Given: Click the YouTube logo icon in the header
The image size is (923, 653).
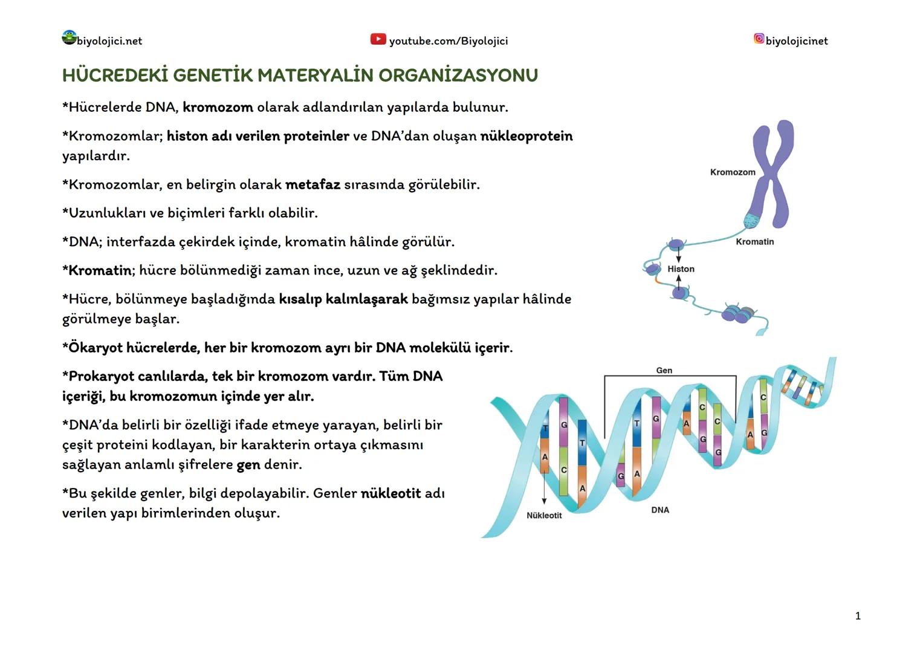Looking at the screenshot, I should [x=378, y=39].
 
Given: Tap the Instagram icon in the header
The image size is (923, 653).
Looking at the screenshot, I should [x=759, y=39].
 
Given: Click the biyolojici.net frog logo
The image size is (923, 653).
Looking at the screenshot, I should [x=69, y=37].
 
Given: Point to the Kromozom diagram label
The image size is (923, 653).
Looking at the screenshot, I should [x=733, y=172].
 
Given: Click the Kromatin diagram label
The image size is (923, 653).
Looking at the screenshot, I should [x=754, y=242].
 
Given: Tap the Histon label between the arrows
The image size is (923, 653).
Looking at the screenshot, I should [x=681, y=269].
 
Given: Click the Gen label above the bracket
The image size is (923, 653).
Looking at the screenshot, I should [x=664, y=371].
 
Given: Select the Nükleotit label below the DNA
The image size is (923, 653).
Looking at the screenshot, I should [x=544, y=516].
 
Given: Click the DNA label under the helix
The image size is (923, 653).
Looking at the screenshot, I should [x=660, y=510].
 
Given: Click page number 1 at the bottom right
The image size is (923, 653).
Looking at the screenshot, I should [x=858, y=616].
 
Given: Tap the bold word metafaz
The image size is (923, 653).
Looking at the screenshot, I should [x=313, y=184].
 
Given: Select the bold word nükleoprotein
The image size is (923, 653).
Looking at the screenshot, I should [x=526, y=136].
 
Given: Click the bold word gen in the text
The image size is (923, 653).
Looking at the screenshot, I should [x=248, y=465].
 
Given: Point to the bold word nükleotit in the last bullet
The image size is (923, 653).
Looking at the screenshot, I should [x=390, y=493].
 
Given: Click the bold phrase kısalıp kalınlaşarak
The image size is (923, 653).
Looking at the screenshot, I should [x=343, y=299].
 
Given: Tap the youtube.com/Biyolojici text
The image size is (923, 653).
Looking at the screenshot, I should [x=448, y=41].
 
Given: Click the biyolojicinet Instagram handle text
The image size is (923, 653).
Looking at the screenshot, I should [x=796, y=41].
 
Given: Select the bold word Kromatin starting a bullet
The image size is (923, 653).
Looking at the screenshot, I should [x=100, y=270].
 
